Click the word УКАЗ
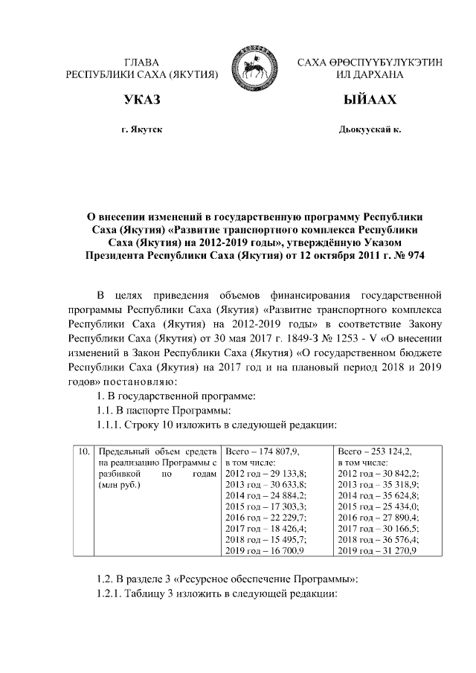141,101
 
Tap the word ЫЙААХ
370,101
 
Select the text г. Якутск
141,130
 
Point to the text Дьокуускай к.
370,130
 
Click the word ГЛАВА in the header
141,62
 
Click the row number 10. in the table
84,451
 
